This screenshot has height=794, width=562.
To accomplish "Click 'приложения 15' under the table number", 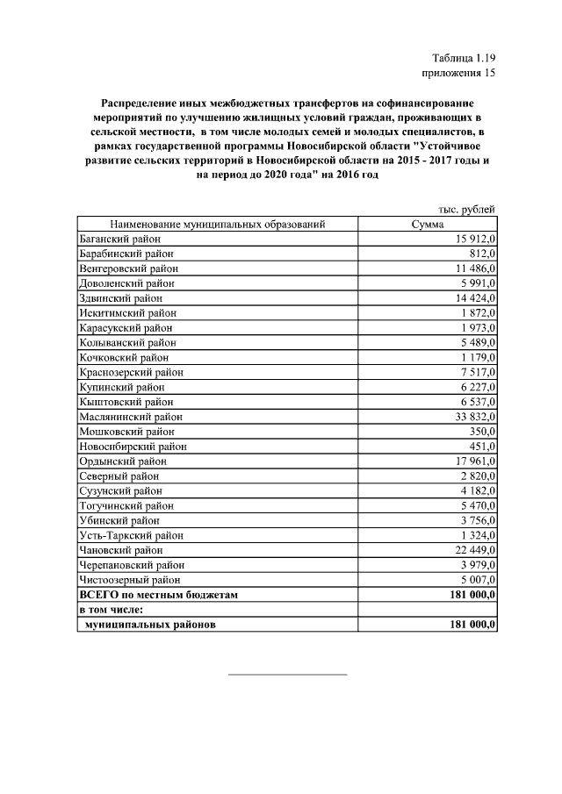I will click(x=459, y=74).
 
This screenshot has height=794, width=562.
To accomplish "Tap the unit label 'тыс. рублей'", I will click(x=467, y=209).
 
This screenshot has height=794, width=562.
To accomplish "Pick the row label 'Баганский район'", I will click(x=119, y=239).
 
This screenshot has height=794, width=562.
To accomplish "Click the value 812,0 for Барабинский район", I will click(x=479, y=254).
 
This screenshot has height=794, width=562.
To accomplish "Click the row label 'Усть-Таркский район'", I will click(x=131, y=535).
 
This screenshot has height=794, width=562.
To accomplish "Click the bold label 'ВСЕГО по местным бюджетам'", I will click(x=158, y=595).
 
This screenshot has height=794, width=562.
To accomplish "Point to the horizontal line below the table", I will click(x=287, y=675).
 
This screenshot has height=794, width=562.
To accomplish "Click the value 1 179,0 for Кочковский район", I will click(x=477, y=357).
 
